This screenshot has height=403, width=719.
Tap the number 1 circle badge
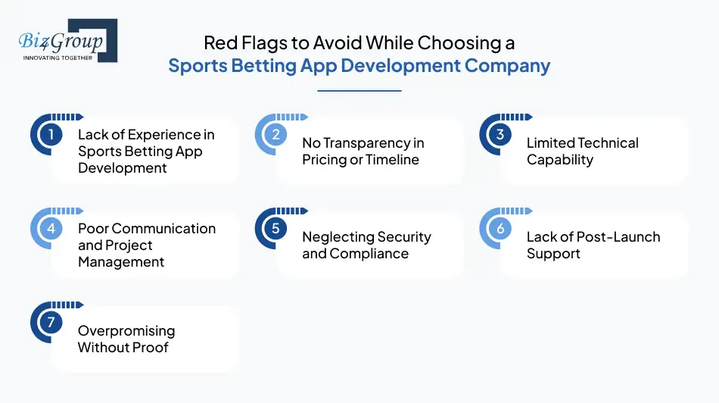(51, 135)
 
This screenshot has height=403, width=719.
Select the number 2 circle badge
(275, 135)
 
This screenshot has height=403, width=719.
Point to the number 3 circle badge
(500, 135)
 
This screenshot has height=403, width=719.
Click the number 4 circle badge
(51, 228)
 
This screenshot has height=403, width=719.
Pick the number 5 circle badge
(275, 228)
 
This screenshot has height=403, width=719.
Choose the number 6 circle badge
(500, 228)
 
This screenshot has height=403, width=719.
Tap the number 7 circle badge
(51, 322)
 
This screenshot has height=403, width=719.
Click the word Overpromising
(126, 331)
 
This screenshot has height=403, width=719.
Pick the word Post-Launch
(617, 237)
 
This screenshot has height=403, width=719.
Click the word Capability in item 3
(560, 160)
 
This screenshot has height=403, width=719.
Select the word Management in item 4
(121, 262)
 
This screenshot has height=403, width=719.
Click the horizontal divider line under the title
(359, 91)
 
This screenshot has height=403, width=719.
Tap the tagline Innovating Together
(58, 58)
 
